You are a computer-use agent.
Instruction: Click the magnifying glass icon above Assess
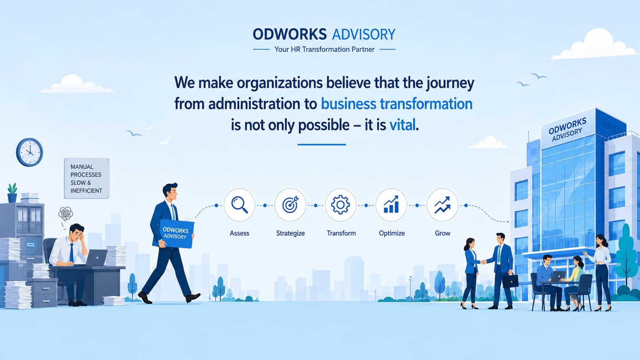[240, 204]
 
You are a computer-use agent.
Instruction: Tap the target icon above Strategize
[290, 204]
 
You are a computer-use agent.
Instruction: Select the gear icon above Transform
[340, 204]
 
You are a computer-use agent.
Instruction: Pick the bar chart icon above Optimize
[391, 204]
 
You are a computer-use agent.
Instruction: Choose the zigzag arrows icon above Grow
[442, 205]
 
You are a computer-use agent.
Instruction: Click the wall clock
[29, 152]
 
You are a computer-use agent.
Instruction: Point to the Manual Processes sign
[87, 178]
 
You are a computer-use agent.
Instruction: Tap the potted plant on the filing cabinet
[12, 193]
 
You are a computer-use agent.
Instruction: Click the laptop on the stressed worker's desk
[96, 258]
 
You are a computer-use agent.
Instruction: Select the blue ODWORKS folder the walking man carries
[176, 233]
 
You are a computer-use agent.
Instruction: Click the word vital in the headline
[402, 125]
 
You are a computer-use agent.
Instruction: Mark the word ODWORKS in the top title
[289, 34]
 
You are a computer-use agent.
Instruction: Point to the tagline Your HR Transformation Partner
[324, 49]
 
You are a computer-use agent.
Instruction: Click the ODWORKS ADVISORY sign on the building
[567, 130]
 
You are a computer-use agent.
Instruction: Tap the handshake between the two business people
[483, 262]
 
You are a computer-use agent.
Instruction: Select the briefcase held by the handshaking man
[511, 281]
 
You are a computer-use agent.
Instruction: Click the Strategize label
[290, 233]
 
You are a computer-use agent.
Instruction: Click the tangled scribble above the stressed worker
[66, 213]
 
